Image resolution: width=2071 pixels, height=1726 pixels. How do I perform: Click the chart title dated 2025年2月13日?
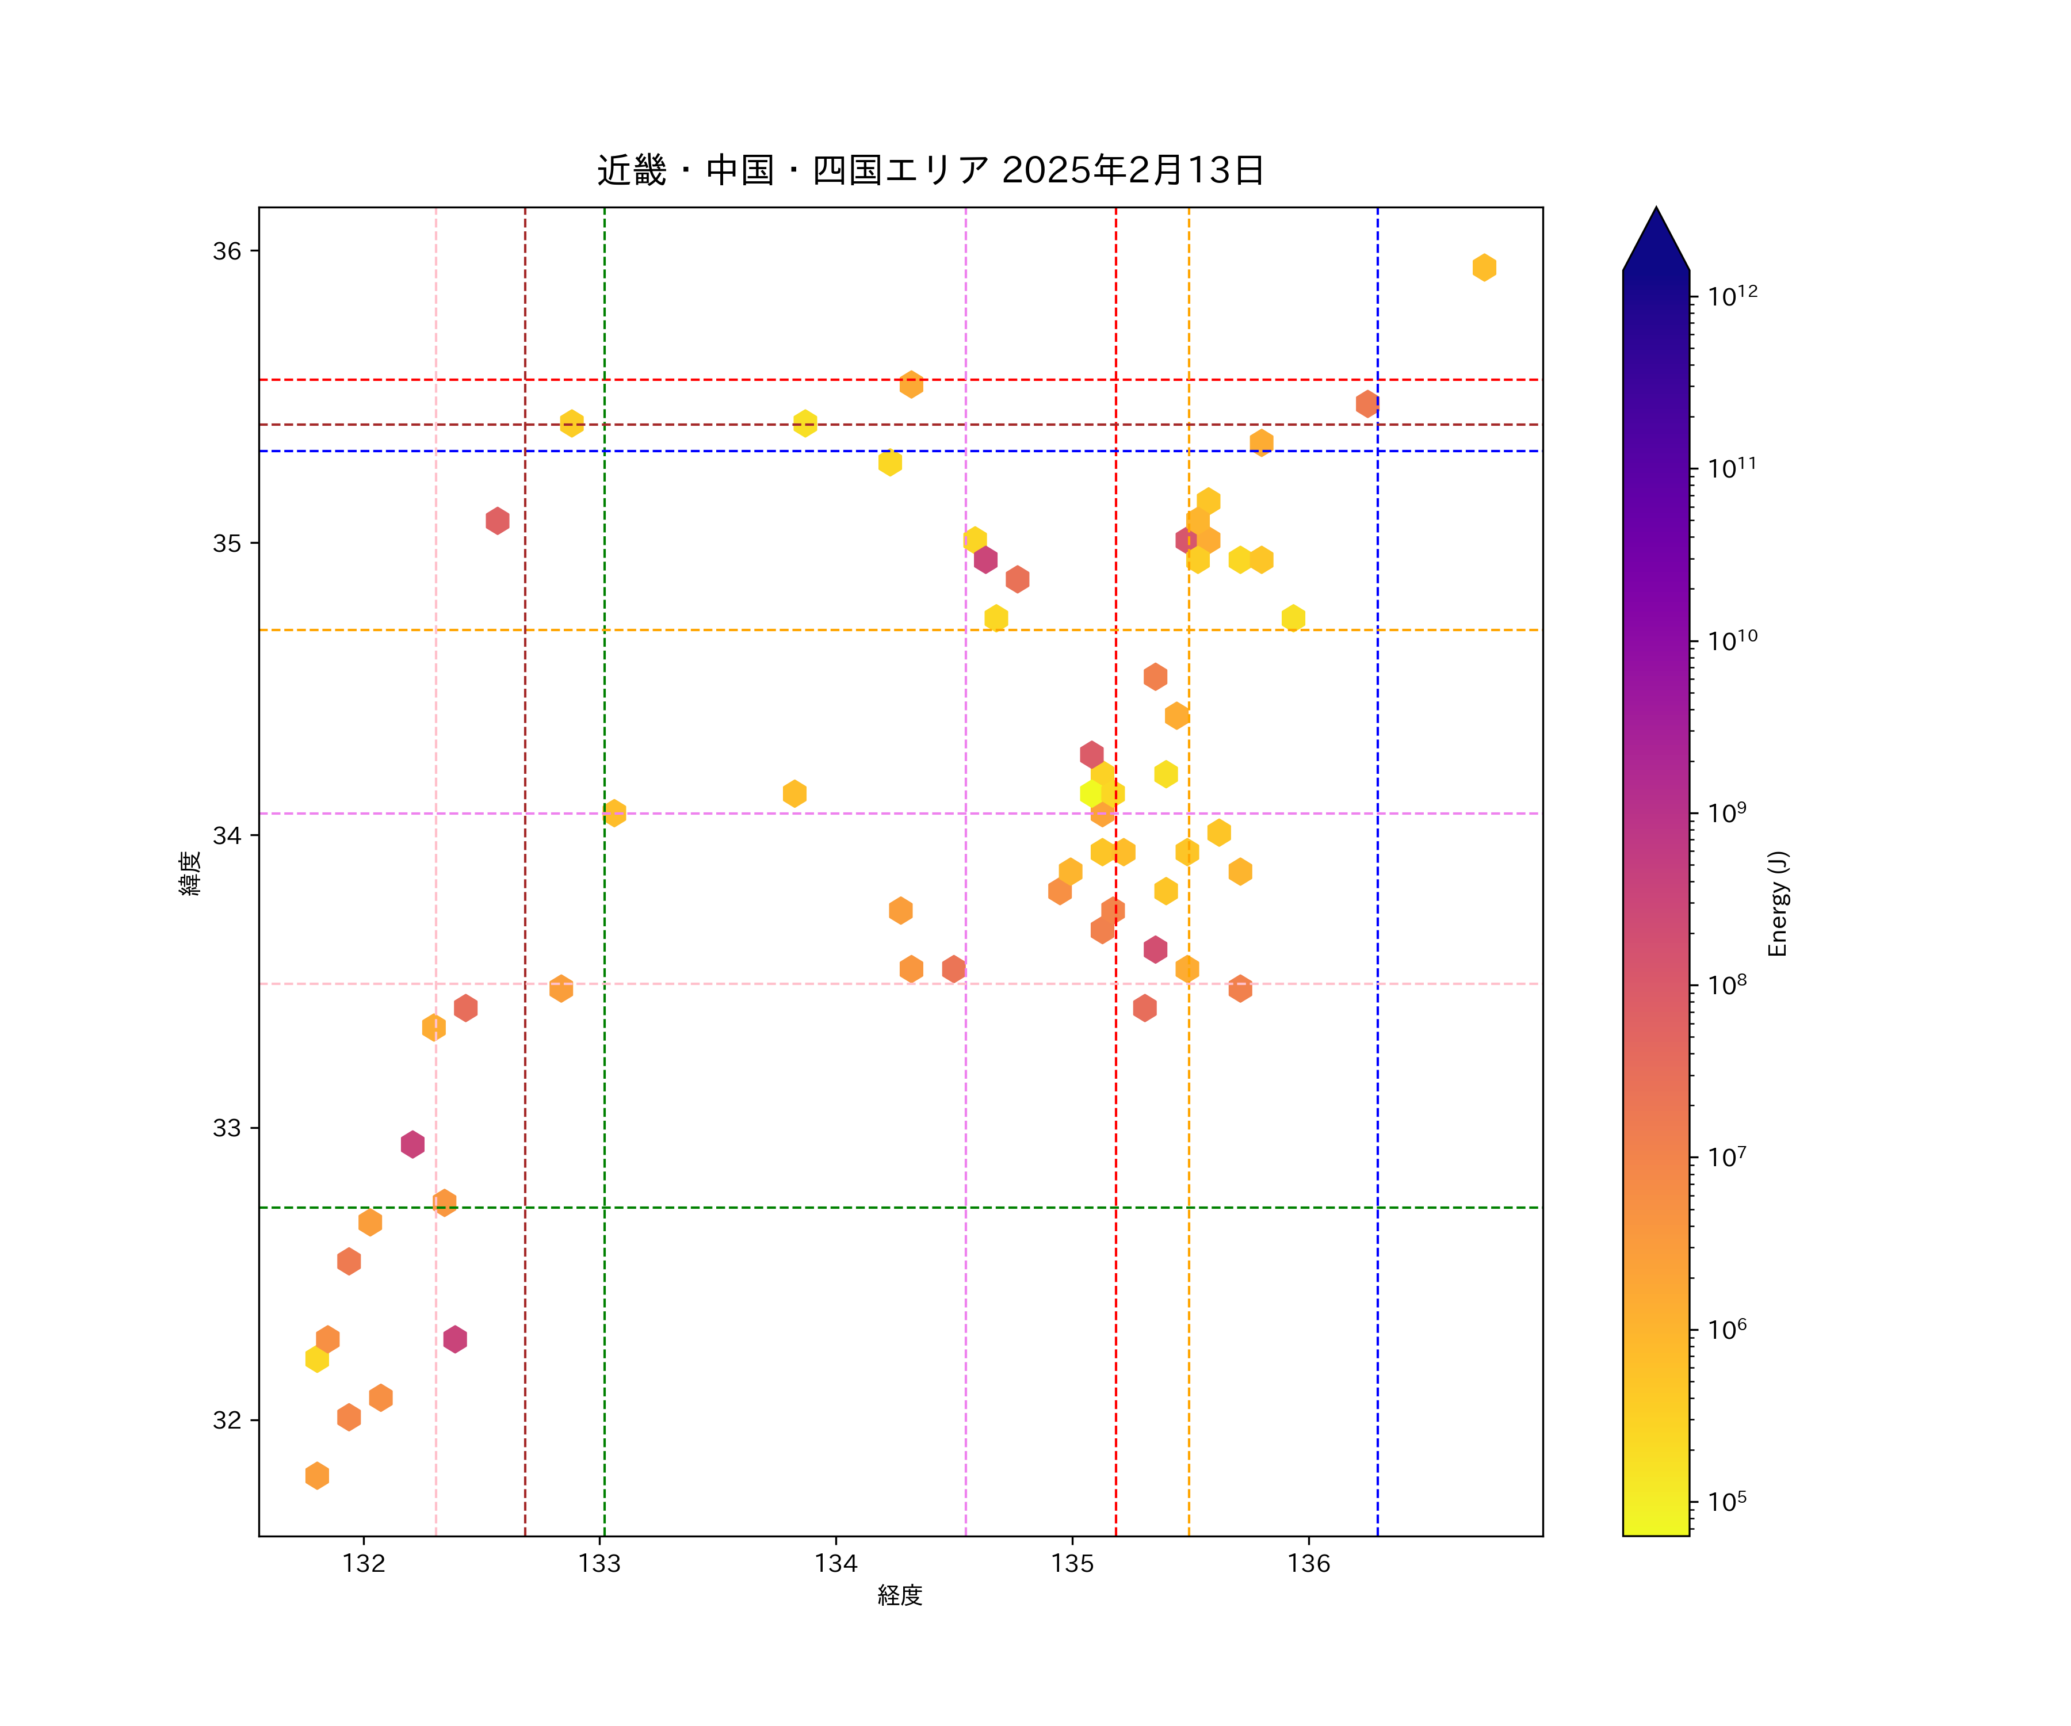930,171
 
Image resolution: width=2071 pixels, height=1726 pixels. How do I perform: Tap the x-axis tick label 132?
364,1564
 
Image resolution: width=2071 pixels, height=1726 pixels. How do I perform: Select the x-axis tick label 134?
836,1564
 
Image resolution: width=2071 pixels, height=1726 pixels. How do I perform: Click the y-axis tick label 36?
227,251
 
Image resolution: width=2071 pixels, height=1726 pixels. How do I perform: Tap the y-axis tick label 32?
227,1420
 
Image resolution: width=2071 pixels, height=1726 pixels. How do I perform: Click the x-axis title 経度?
899,1596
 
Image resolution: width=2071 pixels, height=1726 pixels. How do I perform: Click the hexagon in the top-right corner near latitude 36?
1484,268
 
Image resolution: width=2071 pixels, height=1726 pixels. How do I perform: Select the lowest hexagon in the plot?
316,1476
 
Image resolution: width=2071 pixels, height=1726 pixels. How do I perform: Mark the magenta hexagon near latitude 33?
412,1144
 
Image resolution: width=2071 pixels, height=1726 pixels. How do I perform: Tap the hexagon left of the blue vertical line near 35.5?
1366,403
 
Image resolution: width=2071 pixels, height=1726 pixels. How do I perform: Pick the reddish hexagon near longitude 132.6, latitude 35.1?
497,521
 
